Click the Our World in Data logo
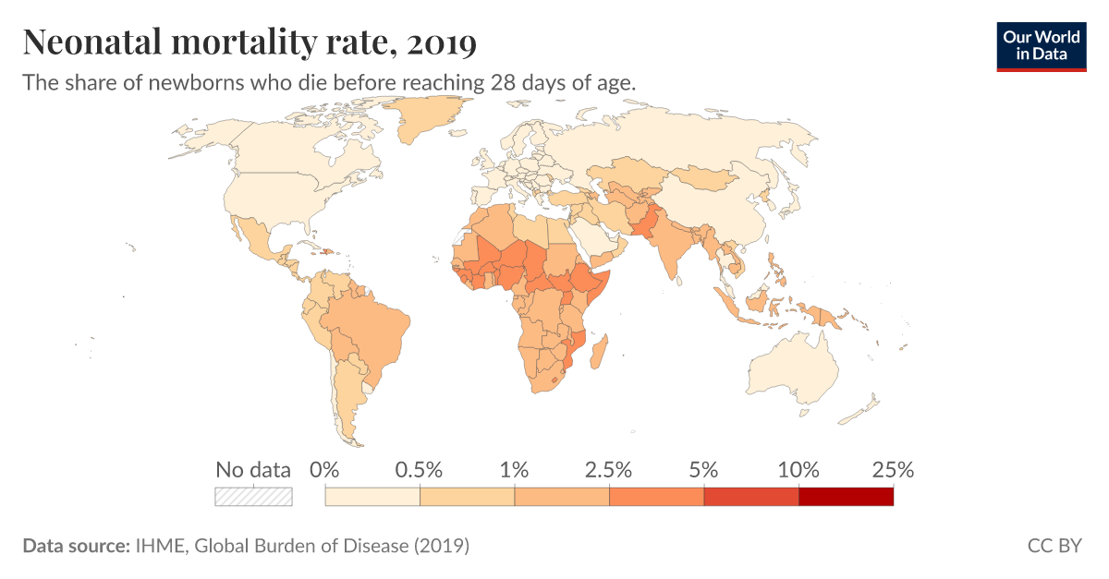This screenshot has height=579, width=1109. pos(1041,46)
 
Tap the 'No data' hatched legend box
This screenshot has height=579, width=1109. pos(253,497)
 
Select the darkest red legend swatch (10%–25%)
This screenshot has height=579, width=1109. pos(846,497)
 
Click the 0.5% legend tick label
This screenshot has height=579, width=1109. pos(420,469)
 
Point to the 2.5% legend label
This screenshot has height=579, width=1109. pos(609,469)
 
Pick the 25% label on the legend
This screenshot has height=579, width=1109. pos(893,469)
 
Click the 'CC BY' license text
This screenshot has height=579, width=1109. pos(1054,546)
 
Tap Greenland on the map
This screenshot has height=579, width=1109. pos(430,115)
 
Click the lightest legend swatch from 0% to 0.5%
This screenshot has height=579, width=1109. pos(372,497)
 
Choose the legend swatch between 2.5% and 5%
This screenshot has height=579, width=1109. pos(656,497)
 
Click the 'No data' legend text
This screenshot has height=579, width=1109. pos(253,469)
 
